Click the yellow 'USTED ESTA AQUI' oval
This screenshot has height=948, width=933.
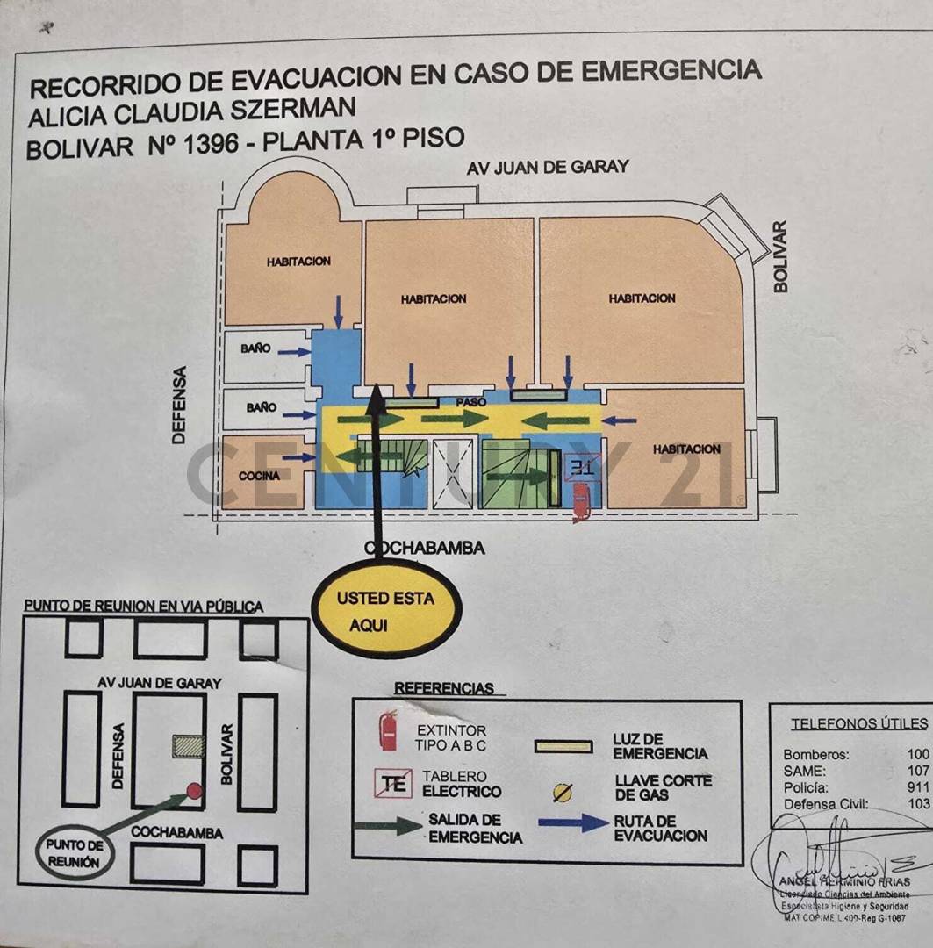pyautogui.click(x=386, y=611)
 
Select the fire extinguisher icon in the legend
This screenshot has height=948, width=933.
pyautogui.click(x=388, y=731)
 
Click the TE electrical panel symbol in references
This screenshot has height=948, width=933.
pyautogui.click(x=394, y=784)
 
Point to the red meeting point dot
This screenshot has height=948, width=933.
pyautogui.click(x=195, y=791)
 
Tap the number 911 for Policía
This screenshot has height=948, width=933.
pyautogui.click(x=919, y=787)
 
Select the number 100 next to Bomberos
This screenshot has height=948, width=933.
pyautogui.click(x=919, y=754)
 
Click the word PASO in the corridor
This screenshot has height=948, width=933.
pyautogui.click(x=470, y=401)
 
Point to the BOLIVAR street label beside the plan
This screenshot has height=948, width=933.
pyautogui.click(x=779, y=256)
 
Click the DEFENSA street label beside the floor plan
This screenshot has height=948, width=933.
pyautogui.click(x=180, y=404)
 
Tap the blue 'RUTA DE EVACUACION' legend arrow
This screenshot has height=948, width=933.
pyautogui.click(x=573, y=823)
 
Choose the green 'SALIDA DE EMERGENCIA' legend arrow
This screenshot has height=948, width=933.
pyautogui.click(x=386, y=825)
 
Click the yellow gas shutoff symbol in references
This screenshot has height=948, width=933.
pyautogui.click(x=562, y=793)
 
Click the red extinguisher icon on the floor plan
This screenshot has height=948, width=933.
pyautogui.click(x=580, y=503)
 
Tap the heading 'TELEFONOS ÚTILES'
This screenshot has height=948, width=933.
pyautogui.click(x=859, y=724)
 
